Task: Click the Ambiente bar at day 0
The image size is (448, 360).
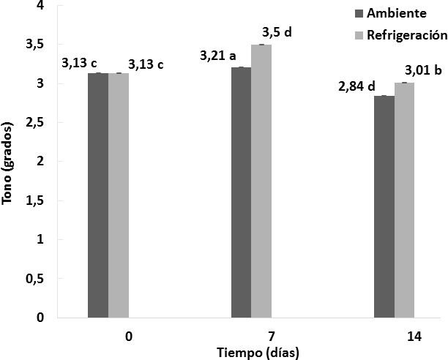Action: click(98, 195)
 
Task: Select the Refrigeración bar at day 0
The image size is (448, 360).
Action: click(119, 195)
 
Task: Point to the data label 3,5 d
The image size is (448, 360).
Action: click(277, 32)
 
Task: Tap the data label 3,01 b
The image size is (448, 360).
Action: click(423, 70)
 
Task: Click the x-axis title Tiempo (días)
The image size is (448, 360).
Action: click(258, 350)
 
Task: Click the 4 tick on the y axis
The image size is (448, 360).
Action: click(40, 6)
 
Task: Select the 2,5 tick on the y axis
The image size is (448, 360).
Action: click(34, 123)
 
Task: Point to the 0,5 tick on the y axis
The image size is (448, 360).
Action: click(34, 279)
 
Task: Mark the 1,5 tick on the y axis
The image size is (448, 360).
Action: click(34, 200)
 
